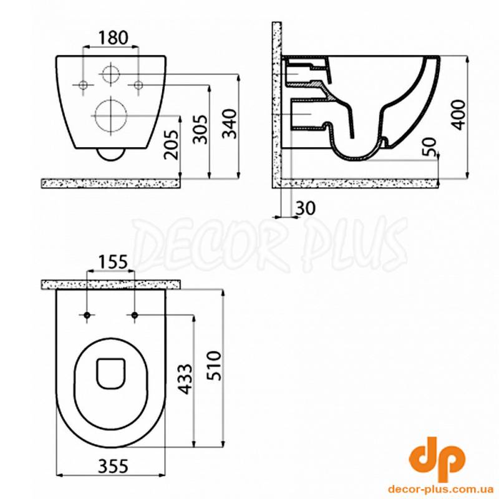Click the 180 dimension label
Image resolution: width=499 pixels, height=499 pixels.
click(x=113, y=37)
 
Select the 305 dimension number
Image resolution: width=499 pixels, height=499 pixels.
click(x=201, y=129)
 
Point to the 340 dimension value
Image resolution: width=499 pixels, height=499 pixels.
click(x=230, y=124)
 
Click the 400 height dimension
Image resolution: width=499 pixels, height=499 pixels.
click(x=458, y=114)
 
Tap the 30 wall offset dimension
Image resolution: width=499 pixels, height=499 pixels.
click(x=306, y=208)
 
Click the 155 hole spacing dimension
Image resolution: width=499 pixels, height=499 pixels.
click(x=113, y=262)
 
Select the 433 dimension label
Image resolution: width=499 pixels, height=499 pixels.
click(x=185, y=379)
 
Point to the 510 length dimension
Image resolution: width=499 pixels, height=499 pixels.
click(x=214, y=366)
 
